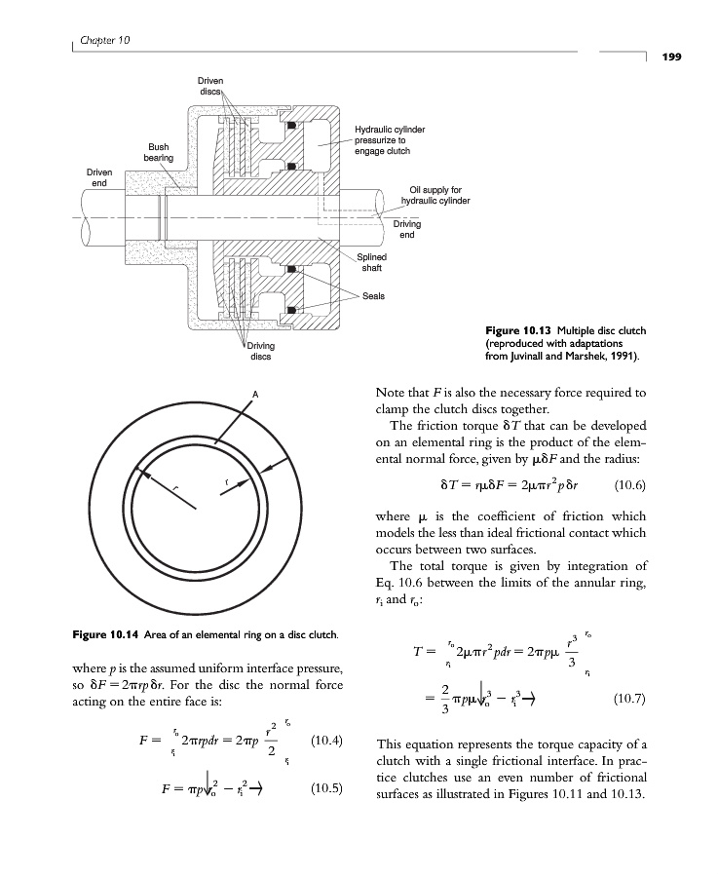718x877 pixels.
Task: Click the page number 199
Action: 671,57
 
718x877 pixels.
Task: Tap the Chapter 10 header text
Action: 102,40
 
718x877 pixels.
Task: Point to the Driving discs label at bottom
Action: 260,351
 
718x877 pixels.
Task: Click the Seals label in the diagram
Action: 374,294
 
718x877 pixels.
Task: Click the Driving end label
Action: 407,229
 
